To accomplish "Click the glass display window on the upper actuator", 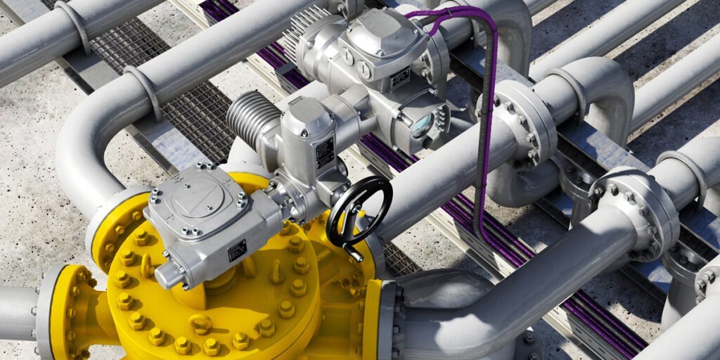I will click(x=422, y=125).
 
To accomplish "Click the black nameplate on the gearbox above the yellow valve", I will click(x=238, y=250).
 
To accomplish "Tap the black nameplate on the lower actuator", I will click(x=325, y=152).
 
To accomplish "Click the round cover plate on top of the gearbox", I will click(x=193, y=193).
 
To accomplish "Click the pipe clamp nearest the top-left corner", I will click(x=73, y=25).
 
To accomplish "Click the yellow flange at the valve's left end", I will click(x=60, y=309).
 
